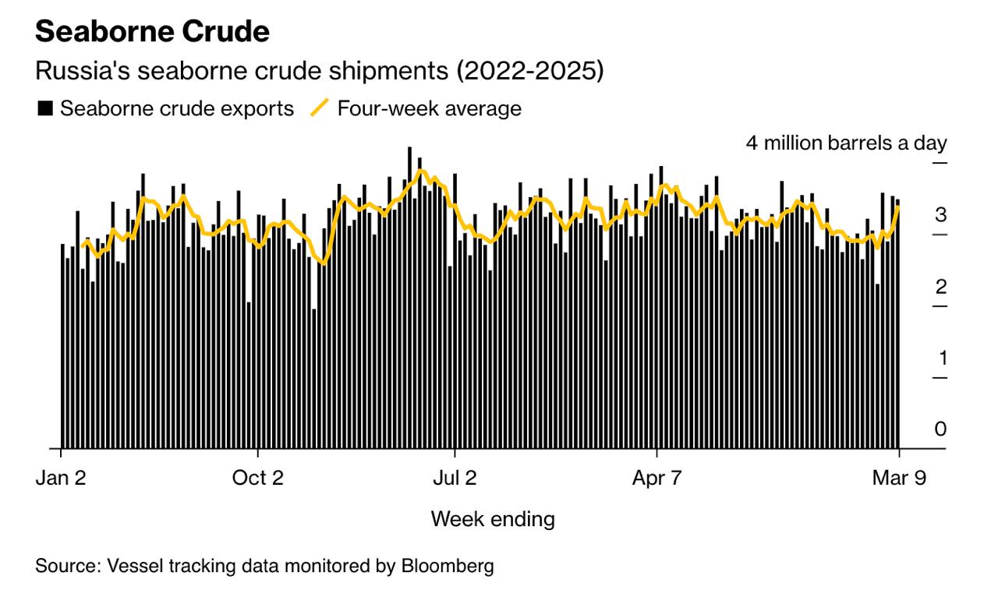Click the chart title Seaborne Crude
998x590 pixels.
pos(153,32)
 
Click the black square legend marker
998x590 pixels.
pos(45,108)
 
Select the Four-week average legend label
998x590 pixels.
pos(429,108)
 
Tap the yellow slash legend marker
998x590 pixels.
pos(320,108)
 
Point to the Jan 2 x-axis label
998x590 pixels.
pos(61,478)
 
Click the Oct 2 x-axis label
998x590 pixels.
pos(258,478)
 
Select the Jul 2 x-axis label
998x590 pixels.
pos(455,478)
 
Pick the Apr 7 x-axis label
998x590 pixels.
pos(656,478)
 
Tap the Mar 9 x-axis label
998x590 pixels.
pos(899,478)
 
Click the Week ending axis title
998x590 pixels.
pos(493,518)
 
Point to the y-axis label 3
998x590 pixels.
pos(941,215)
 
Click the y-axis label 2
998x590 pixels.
pos(941,287)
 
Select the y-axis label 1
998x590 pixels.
pos(941,359)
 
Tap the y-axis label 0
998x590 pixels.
pos(941,429)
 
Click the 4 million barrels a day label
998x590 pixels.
pos(846,143)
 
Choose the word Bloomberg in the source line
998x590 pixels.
pos(447,565)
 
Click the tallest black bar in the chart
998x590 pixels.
pos(409,296)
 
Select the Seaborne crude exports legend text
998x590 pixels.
pos(177,108)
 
